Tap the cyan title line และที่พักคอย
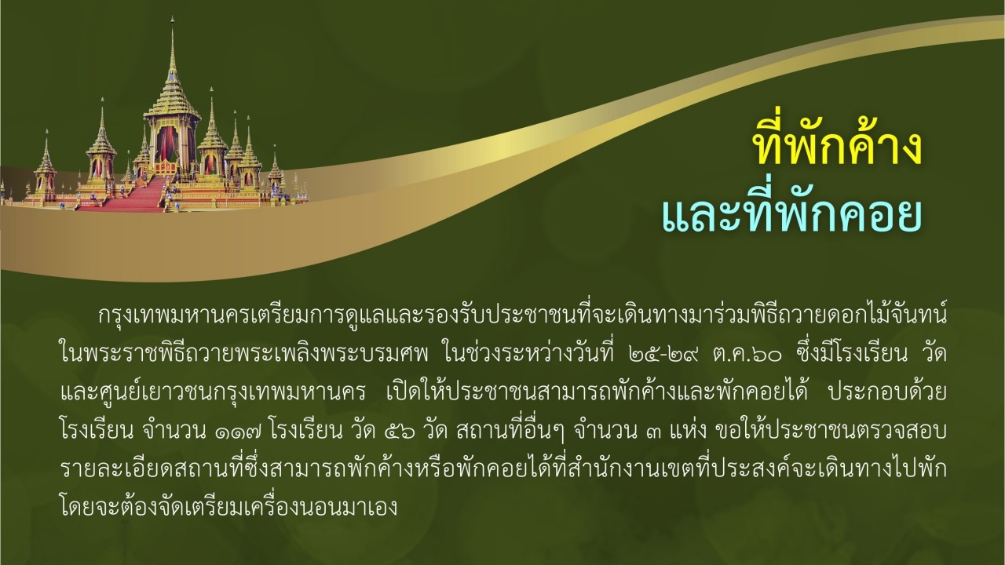[791, 213]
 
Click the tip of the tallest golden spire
[173, 19]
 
